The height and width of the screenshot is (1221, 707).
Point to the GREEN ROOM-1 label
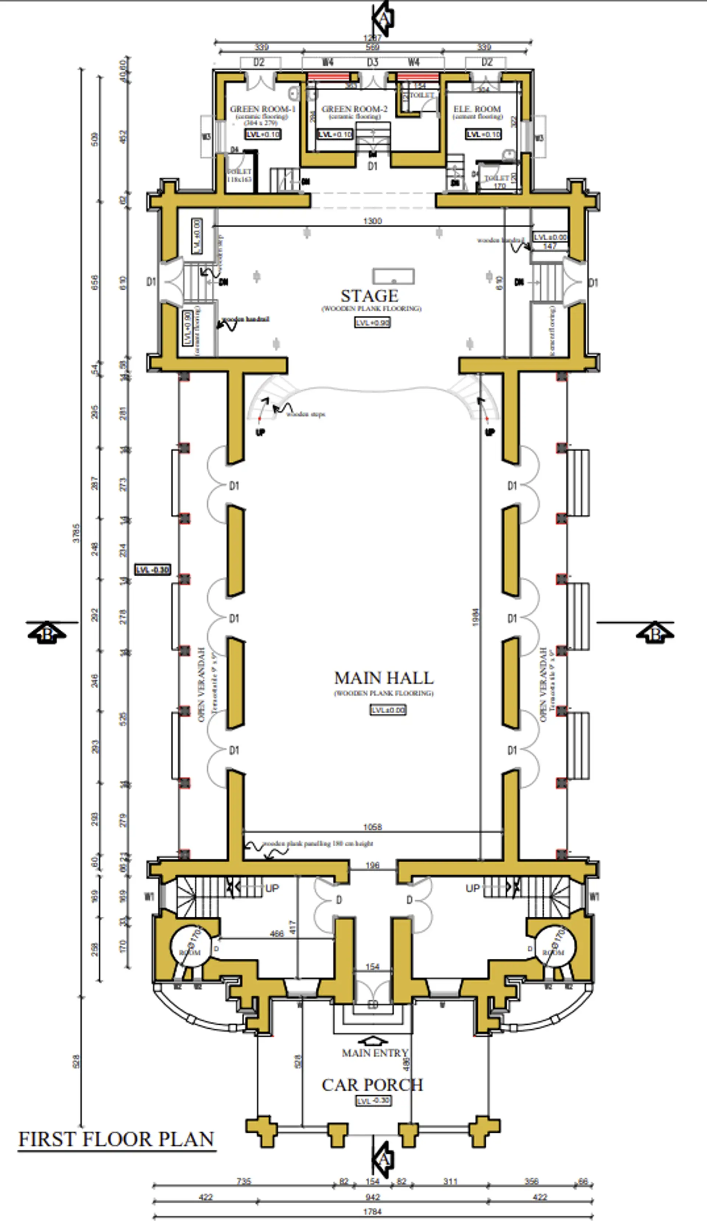point(263,109)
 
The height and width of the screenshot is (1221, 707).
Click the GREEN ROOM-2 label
point(355,109)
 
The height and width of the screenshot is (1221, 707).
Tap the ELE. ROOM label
point(477,109)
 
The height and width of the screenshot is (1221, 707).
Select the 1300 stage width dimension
point(372,221)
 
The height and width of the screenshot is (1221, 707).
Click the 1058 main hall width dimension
point(372,827)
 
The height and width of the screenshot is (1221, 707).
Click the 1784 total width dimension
point(372,1212)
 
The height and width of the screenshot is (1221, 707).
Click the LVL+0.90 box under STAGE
point(372,323)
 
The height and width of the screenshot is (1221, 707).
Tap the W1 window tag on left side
point(149,897)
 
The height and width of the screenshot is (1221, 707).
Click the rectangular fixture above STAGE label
point(393,277)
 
